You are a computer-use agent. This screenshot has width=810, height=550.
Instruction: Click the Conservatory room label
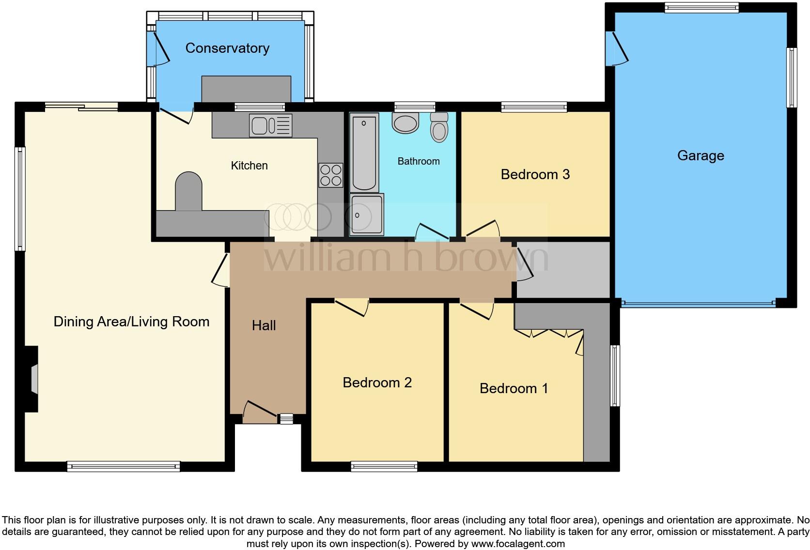(x=227, y=48)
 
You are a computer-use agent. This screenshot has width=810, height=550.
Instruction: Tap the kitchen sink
(x=270, y=125)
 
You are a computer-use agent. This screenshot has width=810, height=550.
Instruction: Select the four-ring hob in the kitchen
(x=331, y=175)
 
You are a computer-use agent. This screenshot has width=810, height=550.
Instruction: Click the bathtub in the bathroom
(x=364, y=153)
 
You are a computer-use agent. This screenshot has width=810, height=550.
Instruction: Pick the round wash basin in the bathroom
(x=405, y=123)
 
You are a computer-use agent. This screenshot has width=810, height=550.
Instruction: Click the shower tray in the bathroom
(x=366, y=214)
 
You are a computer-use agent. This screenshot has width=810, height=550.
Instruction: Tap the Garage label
(x=701, y=155)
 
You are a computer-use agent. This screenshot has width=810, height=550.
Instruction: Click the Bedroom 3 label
(x=535, y=174)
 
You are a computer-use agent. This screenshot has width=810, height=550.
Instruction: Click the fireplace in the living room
(x=33, y=379)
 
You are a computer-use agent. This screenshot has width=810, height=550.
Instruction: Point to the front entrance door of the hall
(x=260, y=411)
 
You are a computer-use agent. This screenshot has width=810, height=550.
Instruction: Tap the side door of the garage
(x=617, y=48)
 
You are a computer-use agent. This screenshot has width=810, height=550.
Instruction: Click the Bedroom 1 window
(x=615, y=375)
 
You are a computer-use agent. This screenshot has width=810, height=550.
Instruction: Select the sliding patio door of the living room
(x=81, y=107)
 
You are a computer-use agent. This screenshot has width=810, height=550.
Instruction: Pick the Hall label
(x=264, y=325)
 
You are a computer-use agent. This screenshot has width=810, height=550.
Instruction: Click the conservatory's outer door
(x=158, y=48)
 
